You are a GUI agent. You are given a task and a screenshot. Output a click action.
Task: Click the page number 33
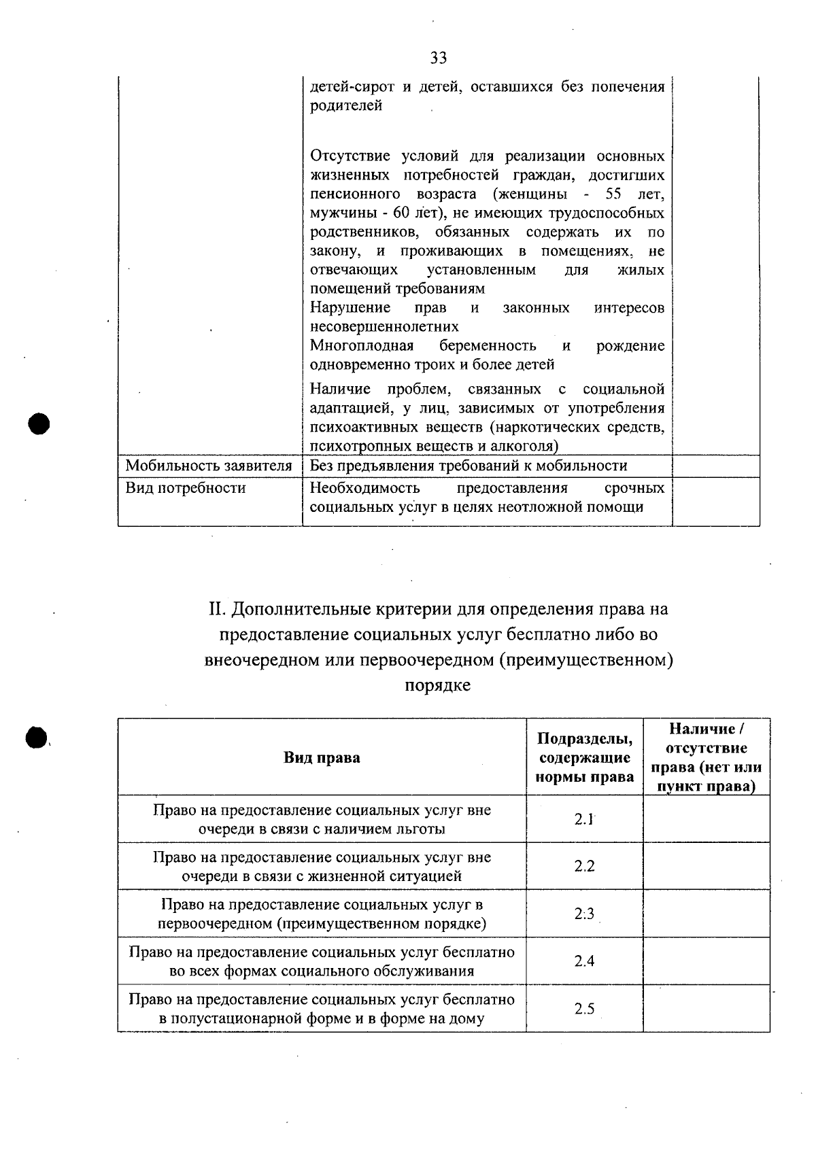pyautogui.click(x=439, y=58)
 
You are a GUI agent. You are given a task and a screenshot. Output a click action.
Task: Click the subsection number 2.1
pyautogui.click(x=584, y=819)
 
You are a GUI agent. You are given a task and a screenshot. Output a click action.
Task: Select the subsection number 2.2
pyautogui.click(x=584, y=866)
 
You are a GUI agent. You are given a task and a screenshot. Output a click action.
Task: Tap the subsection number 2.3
pyautogui.click(x=584, y=914)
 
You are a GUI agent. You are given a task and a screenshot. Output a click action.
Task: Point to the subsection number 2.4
pyautogui.click(x=584, y=961)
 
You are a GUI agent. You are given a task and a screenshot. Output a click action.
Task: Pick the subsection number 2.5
pyautogui.click(x=584, y=1009)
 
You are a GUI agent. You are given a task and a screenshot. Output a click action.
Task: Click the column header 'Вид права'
pyautogui.click(x=322, y=757)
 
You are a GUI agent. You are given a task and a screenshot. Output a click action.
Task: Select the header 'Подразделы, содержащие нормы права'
pyautogui.click(x=585, y=757)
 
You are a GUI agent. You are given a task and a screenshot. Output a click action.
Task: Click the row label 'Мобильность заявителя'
pyautogui.click(x=209, y=466)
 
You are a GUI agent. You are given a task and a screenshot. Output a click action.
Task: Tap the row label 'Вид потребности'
pyautogui.click(x=186, y=488)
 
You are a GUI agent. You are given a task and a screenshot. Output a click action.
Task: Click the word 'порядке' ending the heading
pyautogui.click(x=438, y=685)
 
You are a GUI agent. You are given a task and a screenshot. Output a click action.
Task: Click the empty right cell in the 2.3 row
pyautogui.click(x=706, y=914)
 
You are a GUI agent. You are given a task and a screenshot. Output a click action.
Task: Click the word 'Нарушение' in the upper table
pyautogui.click(x=350, y=308)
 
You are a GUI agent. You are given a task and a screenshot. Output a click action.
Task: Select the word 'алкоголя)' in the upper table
pyautogui.click(x=530, y=447)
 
